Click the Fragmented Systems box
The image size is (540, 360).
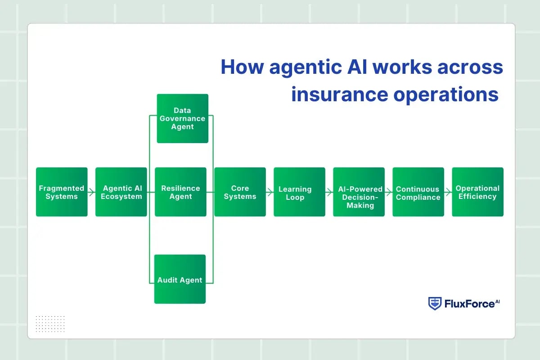click(x=62, y=192)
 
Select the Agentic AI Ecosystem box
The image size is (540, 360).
click(x=121, y=192)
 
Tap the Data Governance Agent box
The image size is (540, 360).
click(x=182, y=118)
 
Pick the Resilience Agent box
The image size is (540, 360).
click(x=180, y=192)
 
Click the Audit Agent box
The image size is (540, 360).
click(x=180, y=279)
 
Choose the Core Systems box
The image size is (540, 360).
click(x=240, y=192)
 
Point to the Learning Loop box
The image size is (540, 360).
click(x=299, y=192)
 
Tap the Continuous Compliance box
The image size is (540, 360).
click(x=418, y=192)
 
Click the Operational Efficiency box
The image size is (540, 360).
click(x=477, y=192)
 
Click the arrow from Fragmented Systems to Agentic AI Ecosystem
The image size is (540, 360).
click(x=91, y=193)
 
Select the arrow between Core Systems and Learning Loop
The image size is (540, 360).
click(x=270, y=193)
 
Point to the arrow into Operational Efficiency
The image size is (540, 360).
click(x=448, y=193)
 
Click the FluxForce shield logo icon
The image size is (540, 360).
click(x=434, y=303)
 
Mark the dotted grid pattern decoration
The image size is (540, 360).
click(x=50, y=324)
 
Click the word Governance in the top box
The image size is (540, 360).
click(x=182, y=118)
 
